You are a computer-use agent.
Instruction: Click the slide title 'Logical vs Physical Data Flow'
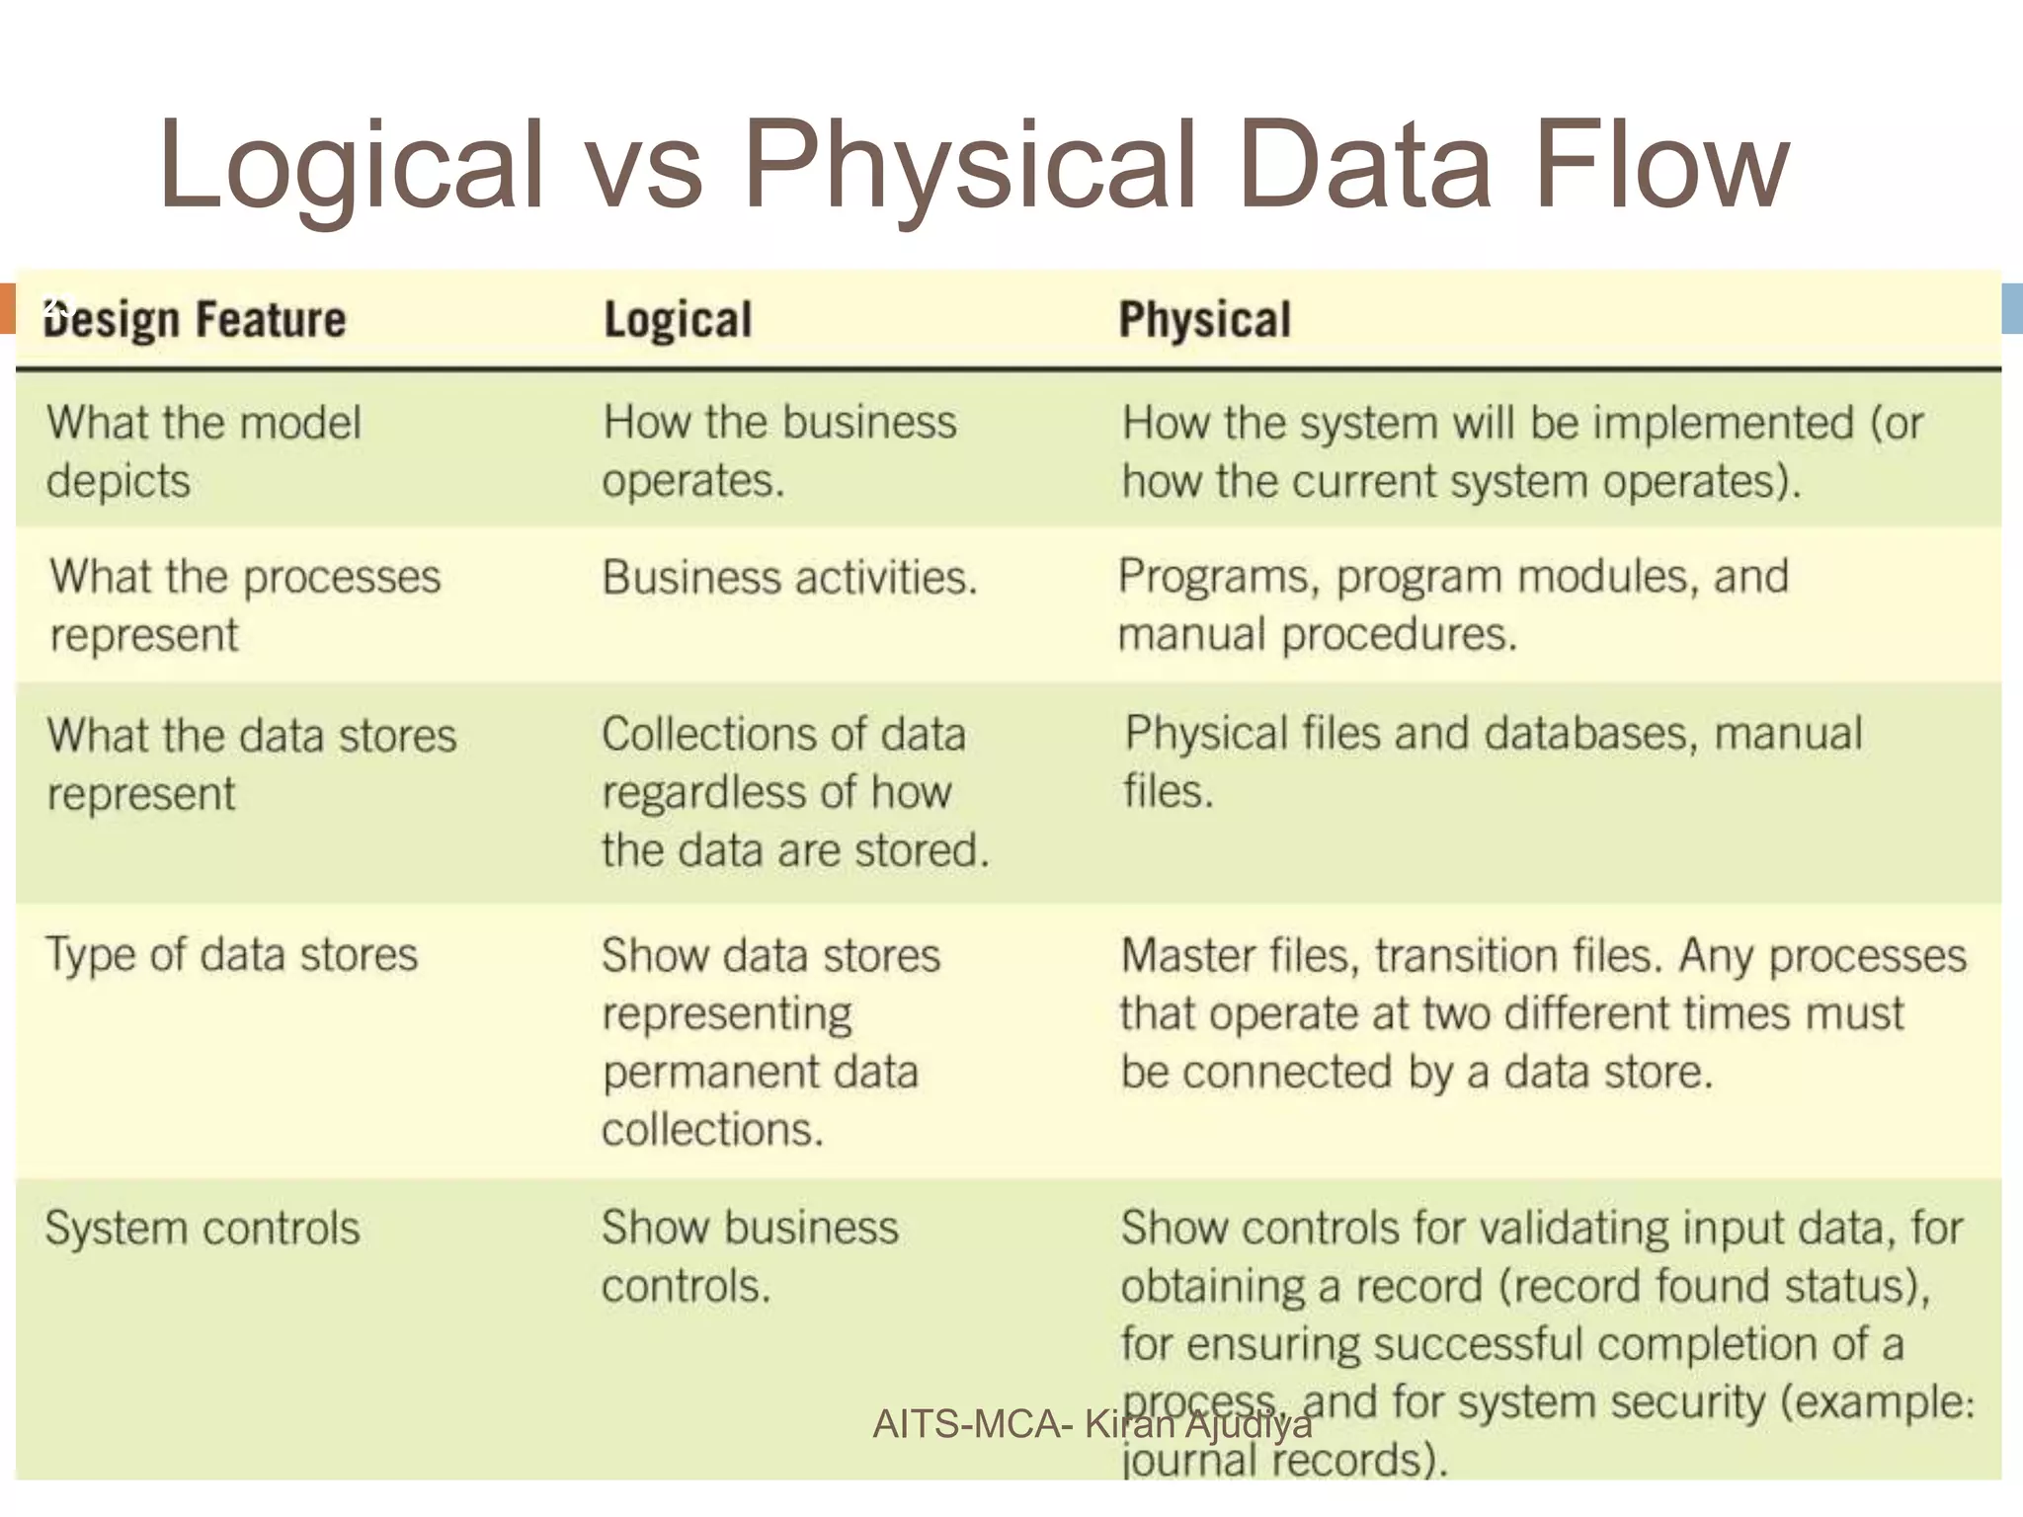973,165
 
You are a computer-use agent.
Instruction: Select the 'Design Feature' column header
195,320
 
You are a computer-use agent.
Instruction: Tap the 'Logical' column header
678,320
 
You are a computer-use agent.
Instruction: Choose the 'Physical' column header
1204,320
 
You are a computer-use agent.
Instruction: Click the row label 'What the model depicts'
203,451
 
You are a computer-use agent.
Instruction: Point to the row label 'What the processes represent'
245,604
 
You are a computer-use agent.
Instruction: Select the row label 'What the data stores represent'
251,763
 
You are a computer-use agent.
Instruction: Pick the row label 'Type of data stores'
232,955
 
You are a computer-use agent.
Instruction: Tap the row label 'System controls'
202,1229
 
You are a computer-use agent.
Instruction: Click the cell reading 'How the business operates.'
779,451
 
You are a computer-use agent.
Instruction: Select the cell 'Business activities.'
789,578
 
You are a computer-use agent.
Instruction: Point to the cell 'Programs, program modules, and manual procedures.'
1452,604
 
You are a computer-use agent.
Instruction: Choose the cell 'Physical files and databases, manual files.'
1492,761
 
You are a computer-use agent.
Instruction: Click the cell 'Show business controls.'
750,1256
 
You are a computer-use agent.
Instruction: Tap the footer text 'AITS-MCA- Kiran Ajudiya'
1092,1424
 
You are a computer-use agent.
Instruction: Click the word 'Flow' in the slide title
1661,165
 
